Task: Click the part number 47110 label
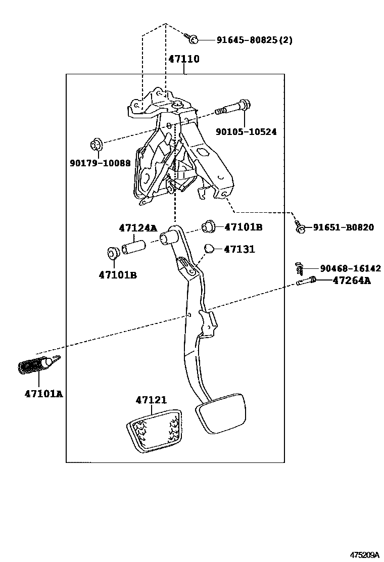183,59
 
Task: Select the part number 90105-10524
246,132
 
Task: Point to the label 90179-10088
100,163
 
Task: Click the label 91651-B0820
344,227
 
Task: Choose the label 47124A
137,228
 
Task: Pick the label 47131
239,249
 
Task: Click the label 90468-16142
350,268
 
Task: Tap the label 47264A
351,280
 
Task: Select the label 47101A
43,393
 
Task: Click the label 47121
151,400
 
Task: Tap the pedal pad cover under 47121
152,429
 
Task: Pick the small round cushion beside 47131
211,249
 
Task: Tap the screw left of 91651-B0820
300,228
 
